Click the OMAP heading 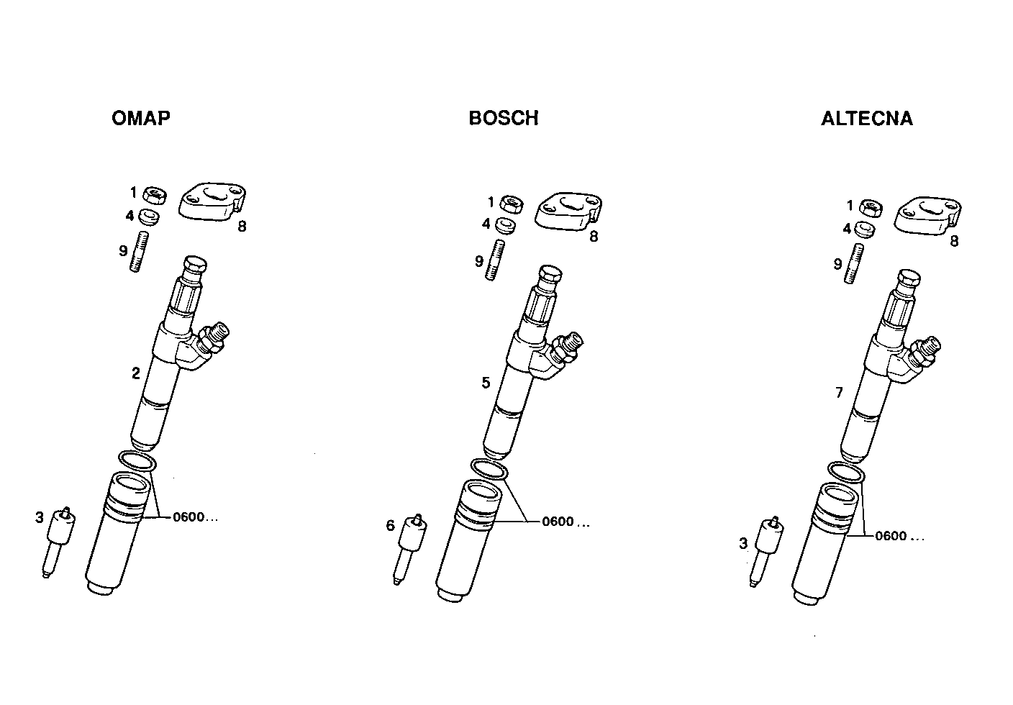(141, 119)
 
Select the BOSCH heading (503, 119)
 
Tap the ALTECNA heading (866, 119)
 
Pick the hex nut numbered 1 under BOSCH (512, 204)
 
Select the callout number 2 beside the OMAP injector (135, 373)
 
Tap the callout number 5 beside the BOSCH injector (486, 383)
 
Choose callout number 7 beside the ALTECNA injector (839, 393)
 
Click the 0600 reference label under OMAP (194, 517)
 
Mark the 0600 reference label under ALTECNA (899, 536)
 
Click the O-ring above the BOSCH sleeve (489, 469)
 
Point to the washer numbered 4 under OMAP (150, 217)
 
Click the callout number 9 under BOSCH (479, 261)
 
